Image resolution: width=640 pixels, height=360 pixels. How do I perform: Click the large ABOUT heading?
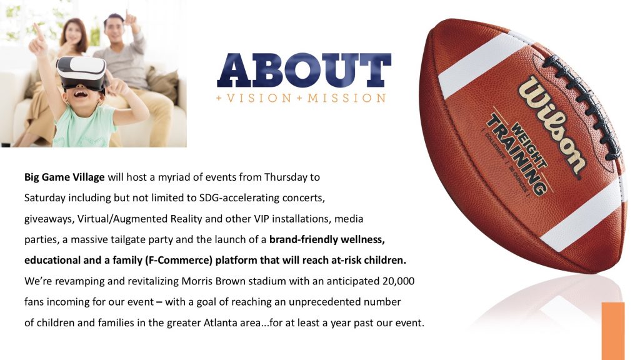(304, 70)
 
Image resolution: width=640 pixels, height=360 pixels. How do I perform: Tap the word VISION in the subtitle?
(259, 98)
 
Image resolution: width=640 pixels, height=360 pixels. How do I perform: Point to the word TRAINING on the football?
(516, 155)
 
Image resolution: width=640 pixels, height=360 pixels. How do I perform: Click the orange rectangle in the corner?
(613, 331)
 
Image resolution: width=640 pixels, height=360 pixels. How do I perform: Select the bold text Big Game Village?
(64, 177)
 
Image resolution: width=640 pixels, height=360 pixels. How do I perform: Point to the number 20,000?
(398, 281)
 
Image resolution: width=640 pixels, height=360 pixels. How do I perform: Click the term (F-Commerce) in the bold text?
(179, 261)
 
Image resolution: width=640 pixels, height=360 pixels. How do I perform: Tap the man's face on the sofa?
(114, 29)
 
